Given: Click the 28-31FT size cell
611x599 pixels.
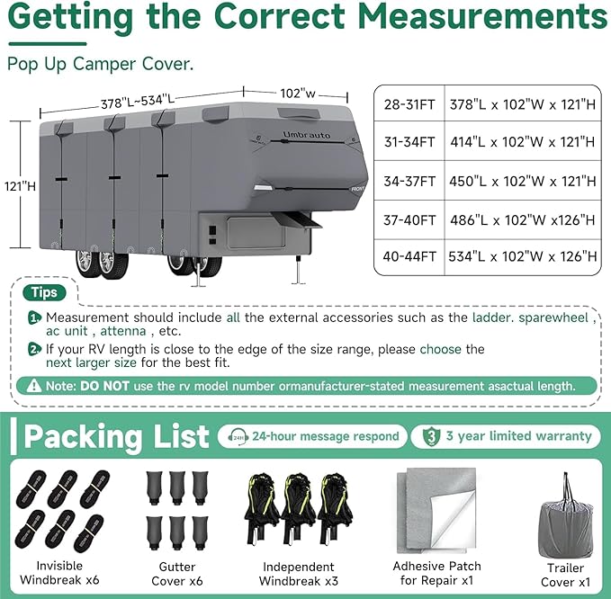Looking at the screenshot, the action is (x=409, y=104).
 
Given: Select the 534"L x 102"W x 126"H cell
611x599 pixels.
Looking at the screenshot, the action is (x=523, y=256).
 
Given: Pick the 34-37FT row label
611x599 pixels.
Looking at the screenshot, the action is (x=409, y=182).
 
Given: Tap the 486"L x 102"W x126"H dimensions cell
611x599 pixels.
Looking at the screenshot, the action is (x=523, y=220).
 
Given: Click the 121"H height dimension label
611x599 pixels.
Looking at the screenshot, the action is (x=20, y=186).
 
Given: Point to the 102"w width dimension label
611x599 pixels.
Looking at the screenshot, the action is (x=298, y=94).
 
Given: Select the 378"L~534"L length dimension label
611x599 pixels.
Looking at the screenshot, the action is (x=138, y=102).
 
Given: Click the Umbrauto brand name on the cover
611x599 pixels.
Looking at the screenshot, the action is (x=306, y=135).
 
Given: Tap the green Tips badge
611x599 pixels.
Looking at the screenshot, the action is (x=44, y=292).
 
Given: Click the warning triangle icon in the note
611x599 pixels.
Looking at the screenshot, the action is (x=34, y=386).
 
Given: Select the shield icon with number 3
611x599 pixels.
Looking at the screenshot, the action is (x=431, y=436).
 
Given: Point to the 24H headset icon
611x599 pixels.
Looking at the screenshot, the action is (x=238, y=436).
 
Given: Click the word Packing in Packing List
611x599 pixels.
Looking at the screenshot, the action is (x=83, y=437).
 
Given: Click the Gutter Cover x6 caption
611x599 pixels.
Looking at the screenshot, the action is (x=177, y=574).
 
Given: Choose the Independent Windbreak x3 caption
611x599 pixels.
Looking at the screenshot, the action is (x=299, y=574).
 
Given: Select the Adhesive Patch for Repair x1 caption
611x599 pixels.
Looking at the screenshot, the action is (x=436, y=573).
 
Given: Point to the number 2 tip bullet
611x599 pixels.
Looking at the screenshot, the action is (x=34, y=349).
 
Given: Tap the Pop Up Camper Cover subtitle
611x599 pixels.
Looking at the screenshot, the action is (x=101, y=64).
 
